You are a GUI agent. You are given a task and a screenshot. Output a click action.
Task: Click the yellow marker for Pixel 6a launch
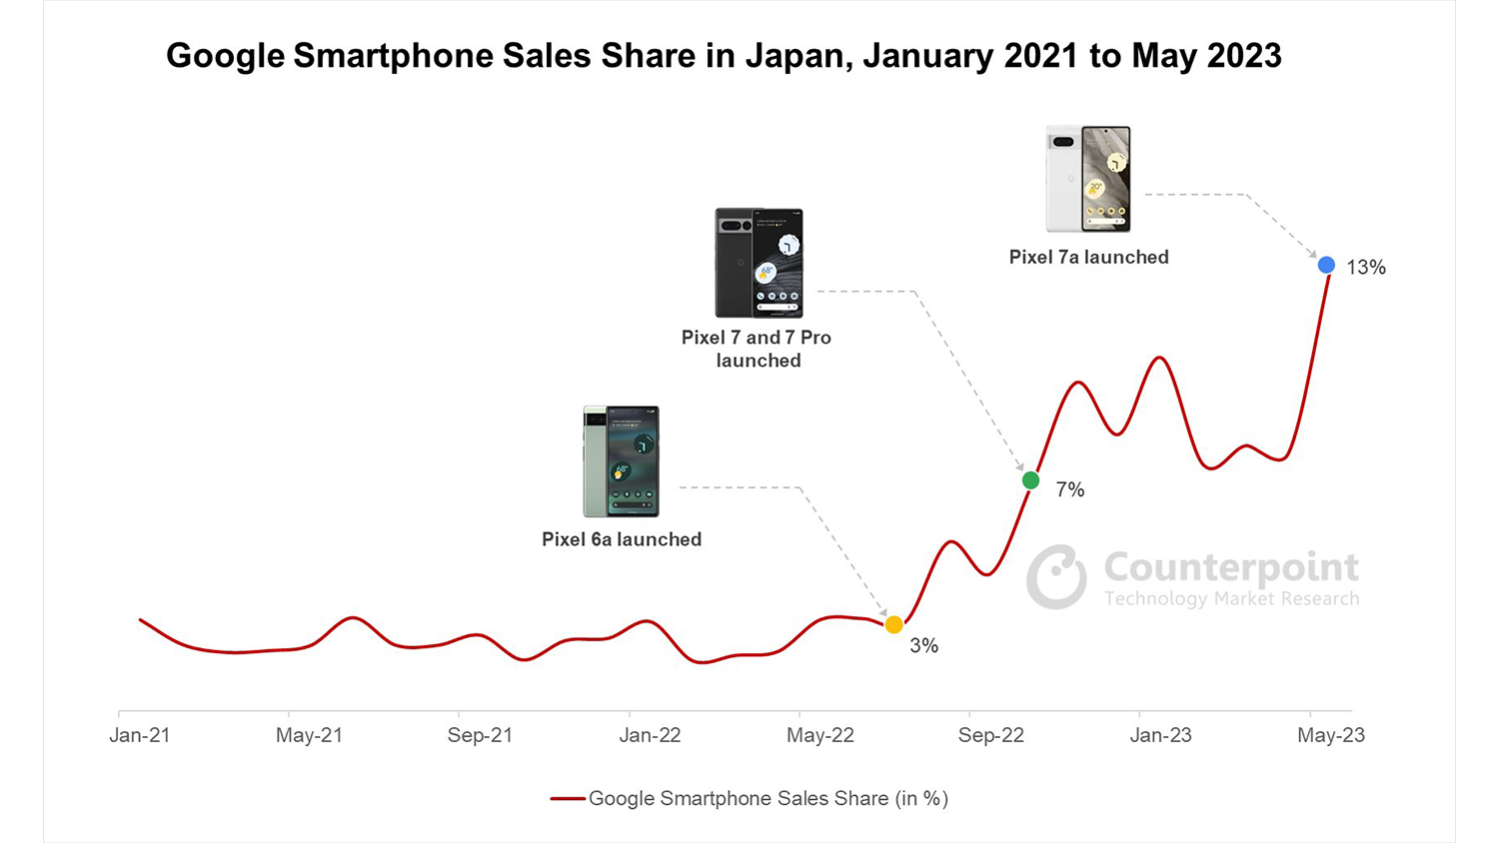point(893,624)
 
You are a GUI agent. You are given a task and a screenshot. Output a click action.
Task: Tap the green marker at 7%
point(1030,480)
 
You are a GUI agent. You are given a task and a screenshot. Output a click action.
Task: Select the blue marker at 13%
point(1326,265)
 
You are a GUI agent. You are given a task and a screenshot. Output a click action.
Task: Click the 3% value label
point(923,646)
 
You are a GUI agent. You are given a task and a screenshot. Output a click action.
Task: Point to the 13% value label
point(1365,268)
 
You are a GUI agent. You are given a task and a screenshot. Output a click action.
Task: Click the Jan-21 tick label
point(140,735)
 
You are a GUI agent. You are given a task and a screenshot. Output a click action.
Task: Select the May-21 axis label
point(309,735)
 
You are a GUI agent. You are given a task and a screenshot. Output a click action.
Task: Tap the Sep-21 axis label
point(480,735)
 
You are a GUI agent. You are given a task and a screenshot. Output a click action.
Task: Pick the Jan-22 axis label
point(650,735)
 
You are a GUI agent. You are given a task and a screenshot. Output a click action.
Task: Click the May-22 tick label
point(819,735)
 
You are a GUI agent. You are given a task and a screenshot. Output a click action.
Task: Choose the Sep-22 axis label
point(990,735)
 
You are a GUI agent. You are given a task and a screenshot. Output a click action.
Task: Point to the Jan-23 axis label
point(1160,735)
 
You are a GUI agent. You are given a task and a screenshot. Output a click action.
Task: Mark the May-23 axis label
point(1330,735)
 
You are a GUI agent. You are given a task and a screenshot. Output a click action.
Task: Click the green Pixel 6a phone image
point(622,460)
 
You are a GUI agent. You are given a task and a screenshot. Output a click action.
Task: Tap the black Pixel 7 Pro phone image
point(758,263)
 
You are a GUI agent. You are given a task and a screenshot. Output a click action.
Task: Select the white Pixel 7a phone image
point(1088,179)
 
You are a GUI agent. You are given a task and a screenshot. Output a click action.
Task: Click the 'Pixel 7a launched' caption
point(1088,257)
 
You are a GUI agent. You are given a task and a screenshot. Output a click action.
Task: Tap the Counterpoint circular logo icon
point(1056,577)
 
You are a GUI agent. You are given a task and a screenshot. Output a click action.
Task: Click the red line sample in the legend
point(568,799)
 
